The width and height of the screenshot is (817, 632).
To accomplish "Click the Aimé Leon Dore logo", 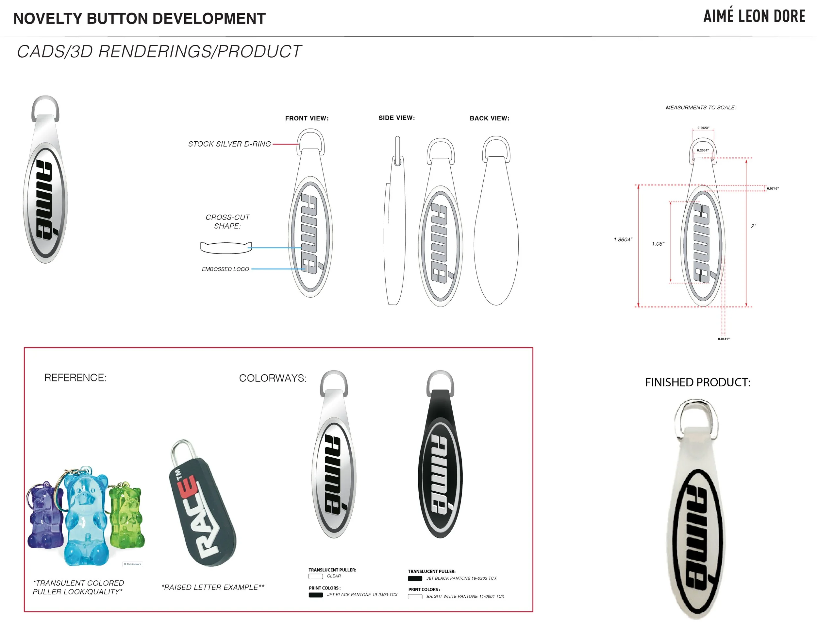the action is (754, 16).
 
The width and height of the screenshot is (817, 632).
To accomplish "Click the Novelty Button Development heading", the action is (139, 19).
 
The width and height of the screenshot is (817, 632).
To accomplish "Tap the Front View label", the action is (307, 118).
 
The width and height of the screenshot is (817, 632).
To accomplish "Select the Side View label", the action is (396, 118).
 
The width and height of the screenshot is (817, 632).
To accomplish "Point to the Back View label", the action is (489, 118).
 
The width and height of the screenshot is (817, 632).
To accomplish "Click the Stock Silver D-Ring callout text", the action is (229, 144).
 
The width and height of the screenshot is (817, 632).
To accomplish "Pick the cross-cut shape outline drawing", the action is (226, 248).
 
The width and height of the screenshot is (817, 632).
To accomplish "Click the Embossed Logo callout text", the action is (225, 269).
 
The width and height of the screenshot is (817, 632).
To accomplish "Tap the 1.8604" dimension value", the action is (623, 240).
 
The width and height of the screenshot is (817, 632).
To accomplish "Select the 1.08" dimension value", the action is (658, 244).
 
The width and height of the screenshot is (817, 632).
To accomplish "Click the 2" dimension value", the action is (753, 226).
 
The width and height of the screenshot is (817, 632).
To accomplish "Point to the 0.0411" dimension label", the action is (724, 339).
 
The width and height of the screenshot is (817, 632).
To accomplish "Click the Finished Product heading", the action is (698, 382).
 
